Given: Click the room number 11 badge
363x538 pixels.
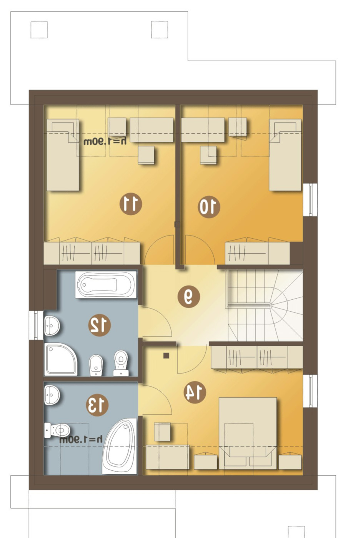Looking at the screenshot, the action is tap(131, 204).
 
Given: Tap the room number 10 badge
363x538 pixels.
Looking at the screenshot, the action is tap(209, 207).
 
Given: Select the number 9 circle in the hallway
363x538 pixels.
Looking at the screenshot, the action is tap(189, 297).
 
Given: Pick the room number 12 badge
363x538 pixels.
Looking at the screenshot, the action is tap(100, 325).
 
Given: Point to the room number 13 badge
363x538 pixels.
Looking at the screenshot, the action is tap(97, 405).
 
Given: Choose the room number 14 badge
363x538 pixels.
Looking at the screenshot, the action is tap(195, 392).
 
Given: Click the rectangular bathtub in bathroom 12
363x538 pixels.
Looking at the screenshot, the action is tap(106, 285).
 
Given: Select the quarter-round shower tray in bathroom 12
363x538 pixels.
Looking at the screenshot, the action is tap(61, 359).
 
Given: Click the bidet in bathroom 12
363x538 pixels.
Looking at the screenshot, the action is tap(96, 365).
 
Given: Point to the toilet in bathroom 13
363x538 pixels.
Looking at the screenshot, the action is tap(57, 430).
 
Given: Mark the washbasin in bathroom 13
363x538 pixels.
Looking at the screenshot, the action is tap(52, 395).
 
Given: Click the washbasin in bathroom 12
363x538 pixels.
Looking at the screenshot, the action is tap(52, 326).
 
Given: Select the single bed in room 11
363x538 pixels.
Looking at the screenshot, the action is tap(63, 155).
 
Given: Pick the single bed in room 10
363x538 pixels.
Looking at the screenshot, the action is tap(285, 155).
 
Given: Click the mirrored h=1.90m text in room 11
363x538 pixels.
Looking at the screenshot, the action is tap(105, 141).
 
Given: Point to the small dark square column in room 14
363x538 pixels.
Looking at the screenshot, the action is tap(166, 355).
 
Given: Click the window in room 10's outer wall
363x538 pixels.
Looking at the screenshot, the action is tap(310, 199).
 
